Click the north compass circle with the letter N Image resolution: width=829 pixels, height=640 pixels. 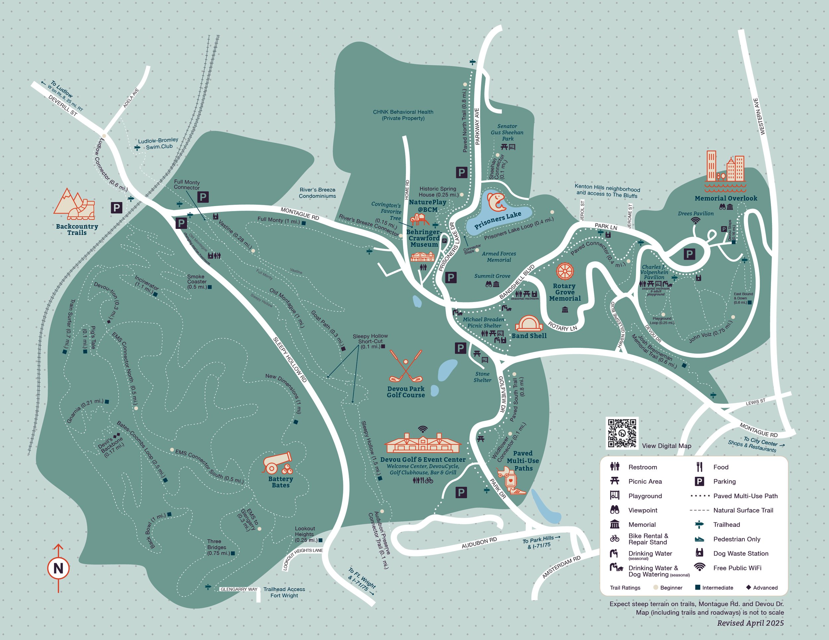(x=58, y=568)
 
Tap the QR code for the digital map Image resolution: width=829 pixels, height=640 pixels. (x=622, y=433)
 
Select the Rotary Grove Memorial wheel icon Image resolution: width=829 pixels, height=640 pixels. (x=565, y=271)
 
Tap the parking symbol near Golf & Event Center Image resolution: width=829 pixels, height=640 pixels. (x=461, y=493)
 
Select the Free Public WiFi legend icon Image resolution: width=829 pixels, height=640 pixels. (x=699, y=567)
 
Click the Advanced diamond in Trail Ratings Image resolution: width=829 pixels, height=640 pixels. (x=748, y=587)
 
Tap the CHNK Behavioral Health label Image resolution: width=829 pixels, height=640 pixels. (x=403, y=115)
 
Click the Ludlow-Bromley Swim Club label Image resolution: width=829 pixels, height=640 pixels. (x=158, y=143)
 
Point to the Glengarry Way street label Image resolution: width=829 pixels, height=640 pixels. (x=239, y=589)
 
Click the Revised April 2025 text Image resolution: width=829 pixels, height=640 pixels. (x=750, y=623)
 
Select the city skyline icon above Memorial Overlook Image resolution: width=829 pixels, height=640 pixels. (x=725, y=167)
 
